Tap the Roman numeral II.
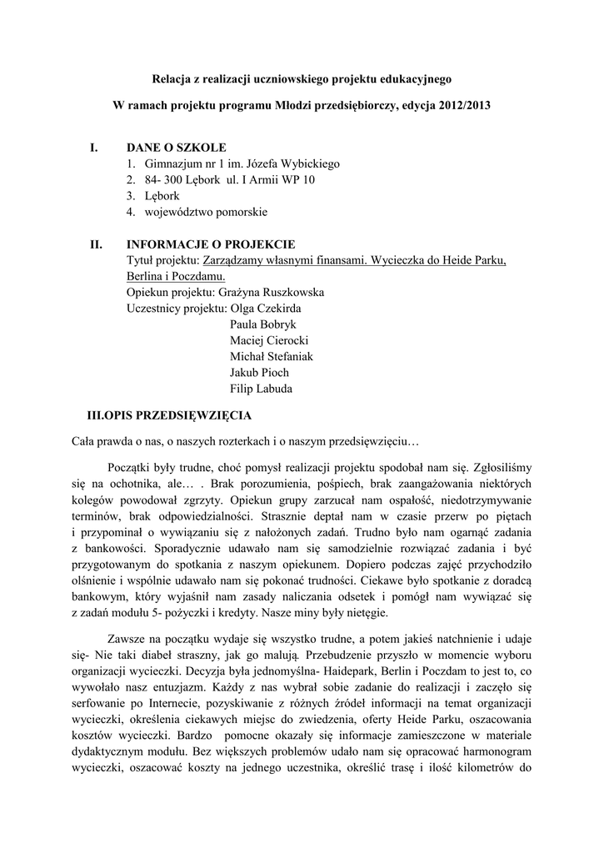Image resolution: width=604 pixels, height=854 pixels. click(x=96, y=244)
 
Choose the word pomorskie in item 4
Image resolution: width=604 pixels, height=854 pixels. click(x=241, y=212)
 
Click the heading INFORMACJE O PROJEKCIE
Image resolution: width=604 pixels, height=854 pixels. click(x=211, y=244)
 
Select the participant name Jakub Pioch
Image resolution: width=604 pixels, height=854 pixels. click(x=259, y=372)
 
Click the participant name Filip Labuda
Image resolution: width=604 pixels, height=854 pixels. click(x=261, y=388)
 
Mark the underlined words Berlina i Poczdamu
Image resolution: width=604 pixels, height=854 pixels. click(x=177, y=276)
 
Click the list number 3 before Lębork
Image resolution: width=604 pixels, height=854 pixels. click(x=131, y=196)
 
